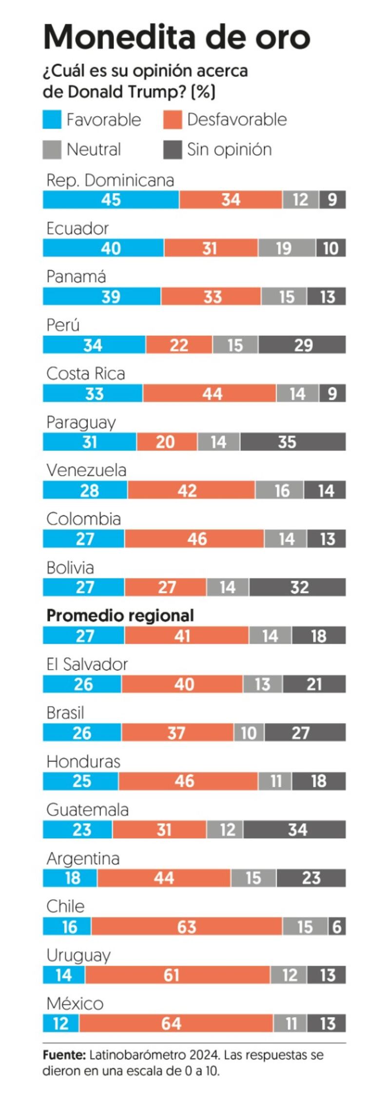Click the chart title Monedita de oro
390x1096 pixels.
[176, 37]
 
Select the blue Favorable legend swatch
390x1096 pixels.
[52, 120]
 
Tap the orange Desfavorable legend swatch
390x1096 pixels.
[173, 120]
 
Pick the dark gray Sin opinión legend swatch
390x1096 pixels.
[173, 150]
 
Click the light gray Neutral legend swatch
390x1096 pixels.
[52, 150]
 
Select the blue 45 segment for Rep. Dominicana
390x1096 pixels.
[111, 200]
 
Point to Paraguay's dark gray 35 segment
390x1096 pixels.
[292, 442]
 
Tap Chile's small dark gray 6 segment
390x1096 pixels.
[337, 926]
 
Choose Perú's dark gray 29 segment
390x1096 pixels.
[302, 345]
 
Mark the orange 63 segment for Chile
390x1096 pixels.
[187, 926]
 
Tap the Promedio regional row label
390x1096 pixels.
[120, 615]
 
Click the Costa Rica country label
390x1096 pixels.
[86, 374]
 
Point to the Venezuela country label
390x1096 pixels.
[86, 470]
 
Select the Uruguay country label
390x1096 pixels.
[78, 955]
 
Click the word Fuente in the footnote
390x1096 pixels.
[63, 1055]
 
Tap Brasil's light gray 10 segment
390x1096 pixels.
[249, 733]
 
